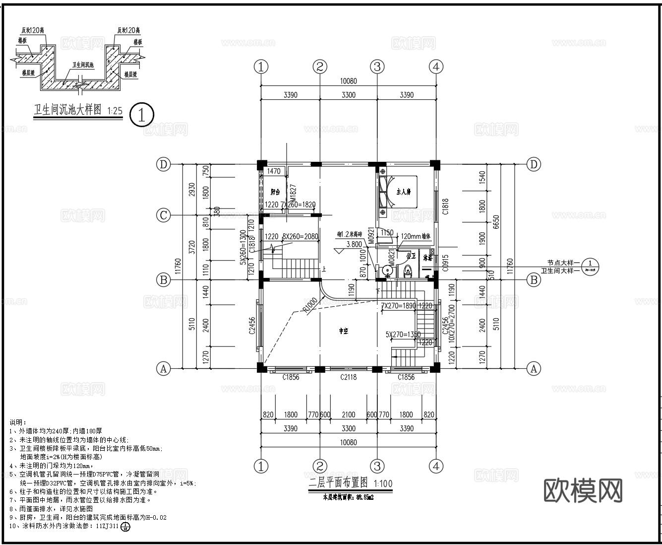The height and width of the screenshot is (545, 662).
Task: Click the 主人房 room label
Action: coord(403,192)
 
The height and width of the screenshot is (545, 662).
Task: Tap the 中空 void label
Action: coord(343,331)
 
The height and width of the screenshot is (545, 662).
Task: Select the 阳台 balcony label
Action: coord(275,192)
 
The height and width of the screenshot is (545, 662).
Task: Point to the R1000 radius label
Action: coord(310,304)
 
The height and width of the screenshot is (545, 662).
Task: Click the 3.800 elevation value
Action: coord(354,244)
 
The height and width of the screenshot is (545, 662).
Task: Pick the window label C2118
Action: coord(348,377)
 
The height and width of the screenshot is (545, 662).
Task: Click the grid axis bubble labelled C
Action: coord(163,215)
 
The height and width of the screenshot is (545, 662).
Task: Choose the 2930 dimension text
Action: coord(192,190)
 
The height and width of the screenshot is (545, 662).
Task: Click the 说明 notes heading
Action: coord(17,422)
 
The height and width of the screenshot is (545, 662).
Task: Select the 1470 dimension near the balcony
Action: coord(274,171)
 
